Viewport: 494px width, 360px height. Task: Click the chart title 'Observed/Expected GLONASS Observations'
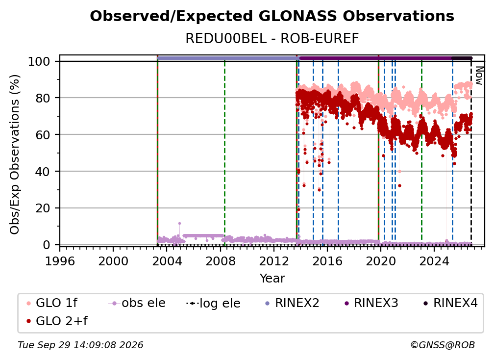click(x=272, y=16)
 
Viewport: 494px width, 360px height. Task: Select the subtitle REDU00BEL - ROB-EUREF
click(x=272, y=39)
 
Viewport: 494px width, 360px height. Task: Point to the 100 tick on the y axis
click(x=39, y=61)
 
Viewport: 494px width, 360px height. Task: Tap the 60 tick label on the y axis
click(x=43, y=135)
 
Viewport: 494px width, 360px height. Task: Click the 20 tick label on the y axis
click(x=43, y=208)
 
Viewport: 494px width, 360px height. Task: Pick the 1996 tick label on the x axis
click(x=60, y=261)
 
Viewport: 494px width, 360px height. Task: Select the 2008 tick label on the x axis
click(x=220, y=261)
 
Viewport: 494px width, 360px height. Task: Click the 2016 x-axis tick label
click(x=327, y=261)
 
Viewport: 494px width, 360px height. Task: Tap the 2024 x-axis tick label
click(x=434, y=261)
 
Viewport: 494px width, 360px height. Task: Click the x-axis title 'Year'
click(x=272, y=279)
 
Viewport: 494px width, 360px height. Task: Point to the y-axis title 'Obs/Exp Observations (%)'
click(x=15, y=154)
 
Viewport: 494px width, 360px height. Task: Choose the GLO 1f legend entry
click(x=52, y=303)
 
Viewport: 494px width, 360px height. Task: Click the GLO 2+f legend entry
click(x=57, y=321)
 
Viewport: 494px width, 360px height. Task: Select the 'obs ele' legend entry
click(x=137, y=303)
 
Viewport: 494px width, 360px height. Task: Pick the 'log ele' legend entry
click(x=213, y=303)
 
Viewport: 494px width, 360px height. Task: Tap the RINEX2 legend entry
click(x=293, y=303)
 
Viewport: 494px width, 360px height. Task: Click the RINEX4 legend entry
click(x=450, y=303)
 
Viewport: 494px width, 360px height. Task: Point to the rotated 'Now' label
click(x=479, y=76)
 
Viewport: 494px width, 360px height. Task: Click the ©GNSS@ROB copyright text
click(x=443, y=345)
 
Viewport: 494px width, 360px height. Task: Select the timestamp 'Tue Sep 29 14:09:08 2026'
click(x=80, y=345)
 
